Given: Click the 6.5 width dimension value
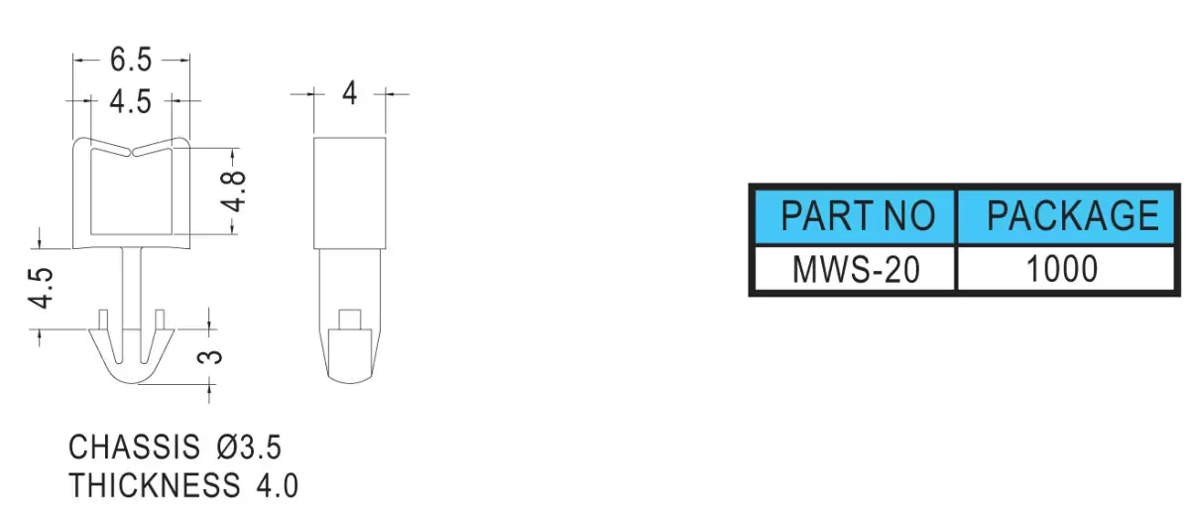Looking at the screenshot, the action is [x=131, y=60].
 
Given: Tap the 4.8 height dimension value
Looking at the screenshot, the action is [x=234, y=191].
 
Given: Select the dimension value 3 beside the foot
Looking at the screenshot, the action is [x=210, y=356].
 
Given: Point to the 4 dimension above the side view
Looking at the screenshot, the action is [x=349, y=93].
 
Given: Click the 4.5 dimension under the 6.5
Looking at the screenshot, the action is [x=131, y=101].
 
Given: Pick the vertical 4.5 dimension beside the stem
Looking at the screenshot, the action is [x=41, y=288].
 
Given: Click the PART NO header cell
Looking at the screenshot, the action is [x=857, y=216].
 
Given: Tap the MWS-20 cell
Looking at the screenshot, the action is [x=855, y=269].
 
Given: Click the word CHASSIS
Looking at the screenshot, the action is [x=135, y=446].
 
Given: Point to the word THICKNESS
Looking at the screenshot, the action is [x=155, y=485].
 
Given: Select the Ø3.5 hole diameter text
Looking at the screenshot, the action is [x=249, y=446].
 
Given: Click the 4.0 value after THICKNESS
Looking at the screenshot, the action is [x=278, y=485].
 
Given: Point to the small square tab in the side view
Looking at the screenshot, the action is [x=349, y=319].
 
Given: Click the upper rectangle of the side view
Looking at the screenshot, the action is [x=349, y=193].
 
